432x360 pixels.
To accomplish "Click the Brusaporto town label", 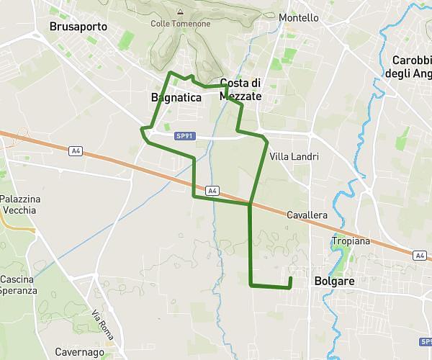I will click(78, 27).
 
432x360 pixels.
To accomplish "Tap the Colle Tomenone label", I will click(181, 24).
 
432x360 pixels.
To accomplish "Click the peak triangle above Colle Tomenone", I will click(180, 12).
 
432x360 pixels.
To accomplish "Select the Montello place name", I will click(298, 17).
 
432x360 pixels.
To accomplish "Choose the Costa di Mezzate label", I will click(240, 89).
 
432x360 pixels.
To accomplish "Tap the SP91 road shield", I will click(184, 135).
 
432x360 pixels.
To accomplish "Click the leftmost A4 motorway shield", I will click(76, 151).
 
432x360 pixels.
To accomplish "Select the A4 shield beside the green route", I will click(212, 190).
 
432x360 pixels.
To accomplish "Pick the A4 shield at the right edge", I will click(420, 255).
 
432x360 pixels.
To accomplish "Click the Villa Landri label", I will click(294, 156).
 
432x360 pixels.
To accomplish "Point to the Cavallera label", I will click(307, 215).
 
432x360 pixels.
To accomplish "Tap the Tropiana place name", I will click(351, 241).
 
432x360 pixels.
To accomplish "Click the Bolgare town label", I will click(335, 282).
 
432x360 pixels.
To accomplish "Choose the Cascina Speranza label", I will click(19, 284).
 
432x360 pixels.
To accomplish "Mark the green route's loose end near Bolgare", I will click(290, 278).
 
